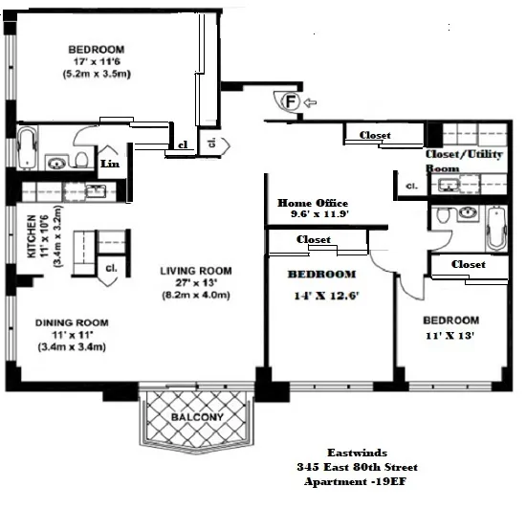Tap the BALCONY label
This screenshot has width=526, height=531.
click(197, 418)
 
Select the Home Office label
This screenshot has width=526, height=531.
click(311, 203)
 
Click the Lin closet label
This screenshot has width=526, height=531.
click(110, 164)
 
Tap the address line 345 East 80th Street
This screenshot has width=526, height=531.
click(357, 467)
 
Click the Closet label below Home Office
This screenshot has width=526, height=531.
click(314, 240)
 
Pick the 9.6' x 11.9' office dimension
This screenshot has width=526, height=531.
click(311, 214)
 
